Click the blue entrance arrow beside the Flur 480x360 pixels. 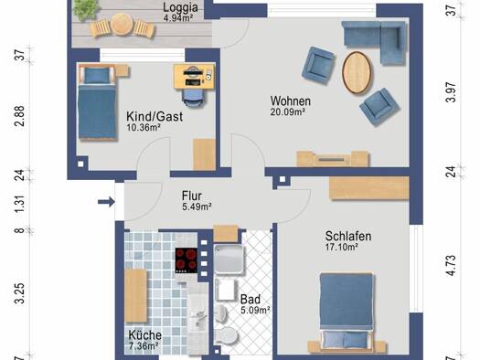point(106,202)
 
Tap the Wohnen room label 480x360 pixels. point(290,101)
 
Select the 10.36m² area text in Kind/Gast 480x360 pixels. point(144,128)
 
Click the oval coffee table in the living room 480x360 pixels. point(357,72)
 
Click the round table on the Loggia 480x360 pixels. point(122,25)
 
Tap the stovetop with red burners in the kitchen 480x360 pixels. point(187,260)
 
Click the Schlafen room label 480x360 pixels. point(348,236)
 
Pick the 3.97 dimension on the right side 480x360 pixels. point(452,92)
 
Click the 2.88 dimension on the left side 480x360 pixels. point(20,116)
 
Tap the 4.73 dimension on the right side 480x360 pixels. point(452,265)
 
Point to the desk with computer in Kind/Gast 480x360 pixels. point(194,77)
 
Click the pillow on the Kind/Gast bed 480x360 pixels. point(96,75)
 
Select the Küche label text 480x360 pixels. point(144,335)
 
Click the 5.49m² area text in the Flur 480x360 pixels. point(197,206)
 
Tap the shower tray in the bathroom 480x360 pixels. point(229,259)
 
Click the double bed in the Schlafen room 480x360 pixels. point(347,312)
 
